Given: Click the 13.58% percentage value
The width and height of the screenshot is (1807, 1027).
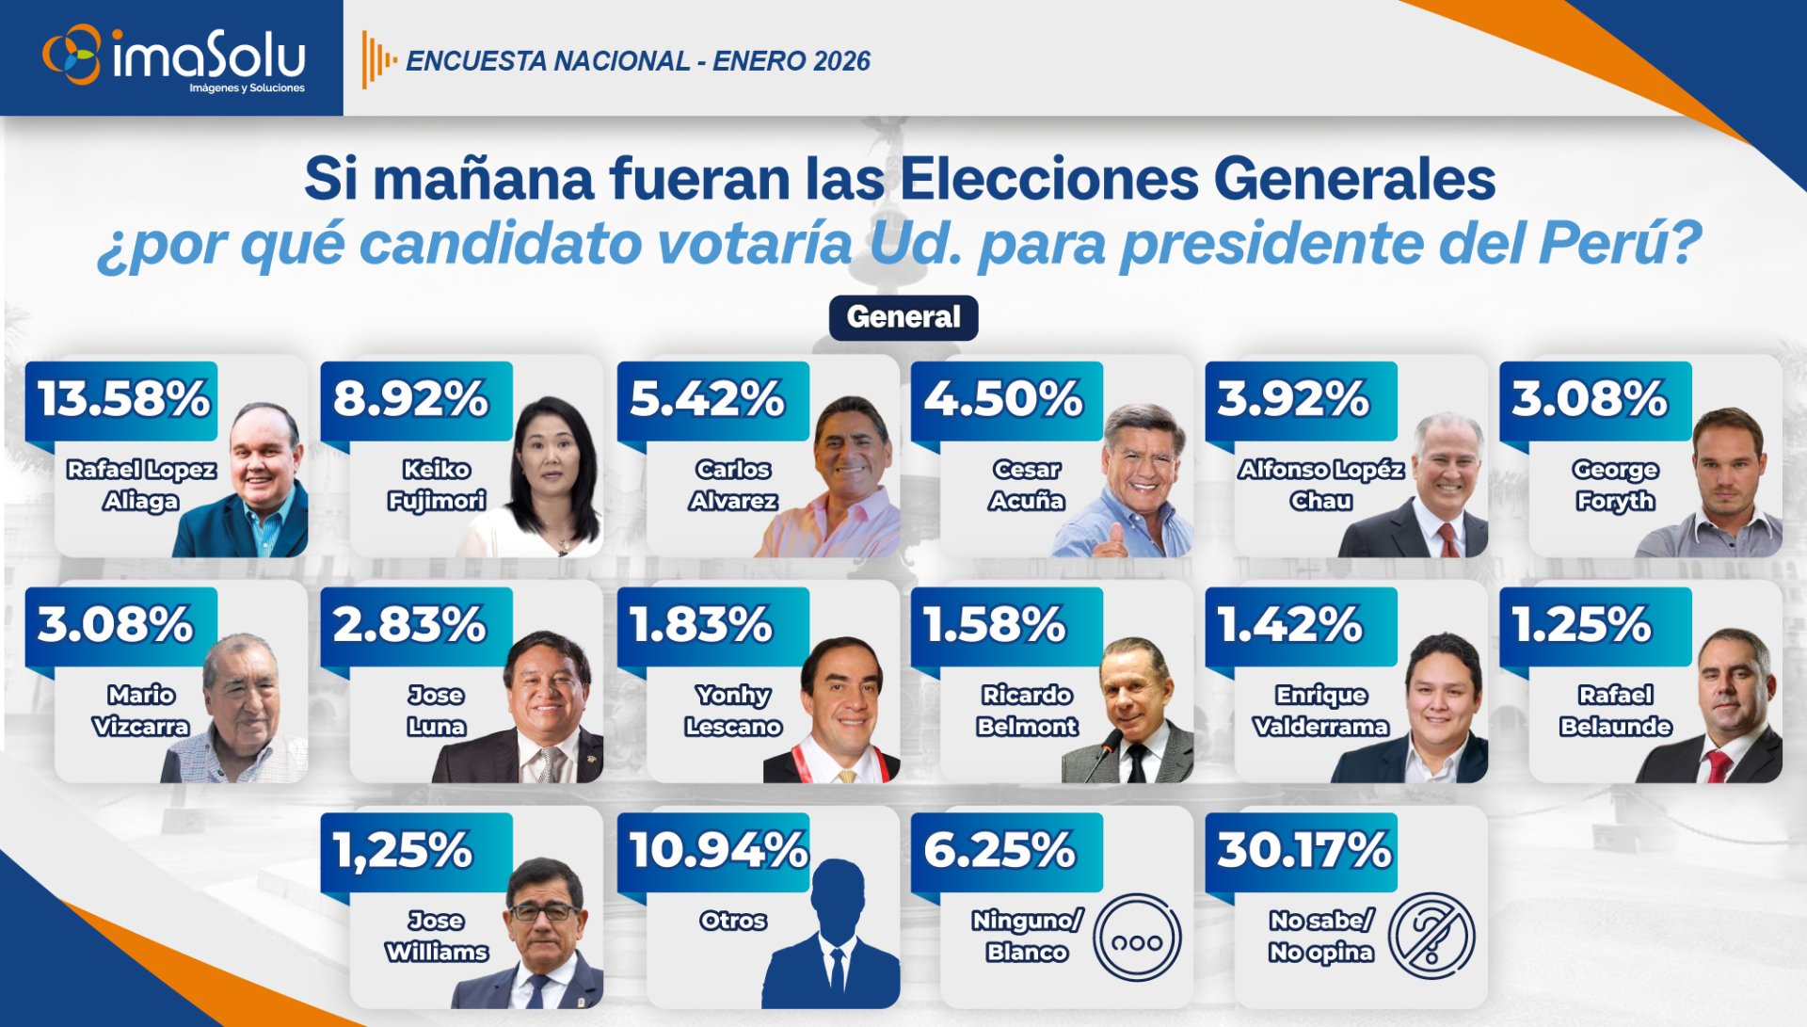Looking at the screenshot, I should point(123,398).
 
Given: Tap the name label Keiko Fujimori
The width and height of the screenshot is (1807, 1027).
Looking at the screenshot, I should point(436,485).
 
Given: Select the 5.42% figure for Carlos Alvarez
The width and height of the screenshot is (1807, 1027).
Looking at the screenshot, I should point(707,398).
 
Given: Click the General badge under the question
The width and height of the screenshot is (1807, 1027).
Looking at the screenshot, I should point(903,317).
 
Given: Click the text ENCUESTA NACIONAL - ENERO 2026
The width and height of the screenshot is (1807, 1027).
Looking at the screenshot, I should point(637,61).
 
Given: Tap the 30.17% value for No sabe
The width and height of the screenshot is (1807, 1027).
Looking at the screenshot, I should point(1303,850).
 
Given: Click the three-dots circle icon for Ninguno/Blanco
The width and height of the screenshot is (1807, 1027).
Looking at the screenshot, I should point(1137,938).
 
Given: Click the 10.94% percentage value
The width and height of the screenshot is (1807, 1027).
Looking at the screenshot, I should point(717,850).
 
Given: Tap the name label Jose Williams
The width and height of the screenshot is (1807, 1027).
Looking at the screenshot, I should point(436,936).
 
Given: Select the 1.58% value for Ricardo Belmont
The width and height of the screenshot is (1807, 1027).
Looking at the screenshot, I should point(994,624).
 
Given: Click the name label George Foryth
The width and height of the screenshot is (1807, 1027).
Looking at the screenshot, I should point(1615,485).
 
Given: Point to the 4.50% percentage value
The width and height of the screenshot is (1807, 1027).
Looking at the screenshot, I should point(1003,398).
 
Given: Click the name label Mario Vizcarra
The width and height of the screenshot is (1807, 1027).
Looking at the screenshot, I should point(141,711).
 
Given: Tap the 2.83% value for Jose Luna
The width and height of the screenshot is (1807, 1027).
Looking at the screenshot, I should point(409,624).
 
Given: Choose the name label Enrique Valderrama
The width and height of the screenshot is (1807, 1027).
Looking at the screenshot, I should point(1320,711).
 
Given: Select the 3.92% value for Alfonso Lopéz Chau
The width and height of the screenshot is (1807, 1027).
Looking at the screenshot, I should point(1293,398).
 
